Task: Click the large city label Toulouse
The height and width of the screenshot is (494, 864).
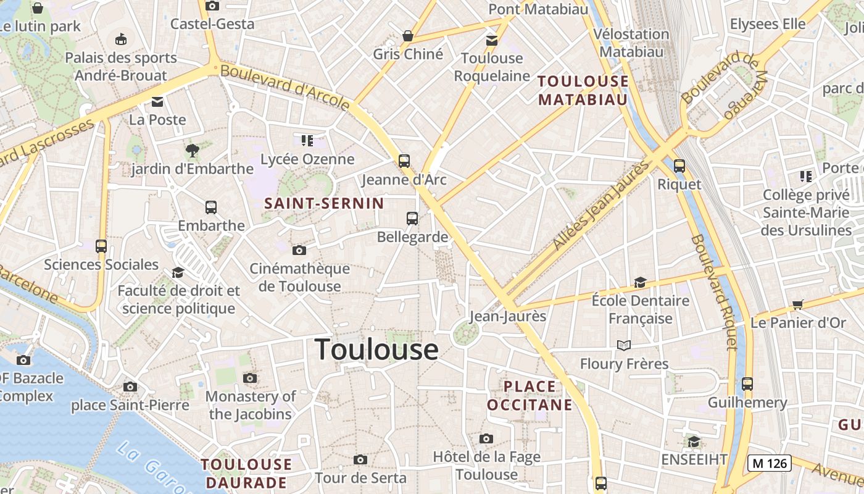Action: click(376, 350)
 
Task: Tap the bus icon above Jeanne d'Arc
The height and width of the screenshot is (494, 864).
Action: click(404, 161)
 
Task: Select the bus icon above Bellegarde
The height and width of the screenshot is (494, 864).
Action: click(412, 218)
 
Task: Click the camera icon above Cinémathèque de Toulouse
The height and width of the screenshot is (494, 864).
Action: click(299, 250)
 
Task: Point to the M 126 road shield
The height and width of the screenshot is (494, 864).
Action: click(769, 463)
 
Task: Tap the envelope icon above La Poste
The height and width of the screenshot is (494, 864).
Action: click(157, 102)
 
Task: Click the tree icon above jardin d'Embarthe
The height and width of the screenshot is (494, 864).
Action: click(193, 149)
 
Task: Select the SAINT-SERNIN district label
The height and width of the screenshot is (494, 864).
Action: click(324, 203)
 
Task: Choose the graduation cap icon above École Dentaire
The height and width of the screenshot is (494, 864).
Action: click(640, 283)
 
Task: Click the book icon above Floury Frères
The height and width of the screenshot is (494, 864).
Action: click(624, 345)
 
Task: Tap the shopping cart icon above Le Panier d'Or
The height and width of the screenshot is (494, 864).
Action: click(797, 304)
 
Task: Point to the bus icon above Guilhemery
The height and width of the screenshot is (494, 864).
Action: click(747, 383)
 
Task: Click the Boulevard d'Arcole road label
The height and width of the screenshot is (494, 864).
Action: click(285, 88)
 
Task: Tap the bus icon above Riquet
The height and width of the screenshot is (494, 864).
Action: click(679, 165)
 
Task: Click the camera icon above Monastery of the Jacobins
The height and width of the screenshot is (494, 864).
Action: click(250, 378)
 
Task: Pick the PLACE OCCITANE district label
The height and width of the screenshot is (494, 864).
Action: click(530, 396)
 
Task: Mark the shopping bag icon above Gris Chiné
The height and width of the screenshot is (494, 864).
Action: click(407, 36)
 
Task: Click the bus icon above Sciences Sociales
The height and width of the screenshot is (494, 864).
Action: click(101, 246)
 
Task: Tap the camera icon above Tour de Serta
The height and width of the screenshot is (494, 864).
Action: click(360, 459)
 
